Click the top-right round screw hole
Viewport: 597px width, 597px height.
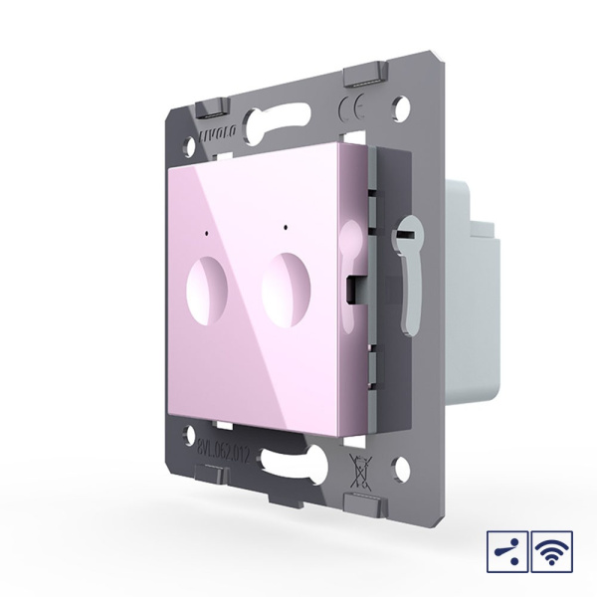(x=404, y=103)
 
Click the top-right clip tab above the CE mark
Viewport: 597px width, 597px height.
(x=364, y=76)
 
